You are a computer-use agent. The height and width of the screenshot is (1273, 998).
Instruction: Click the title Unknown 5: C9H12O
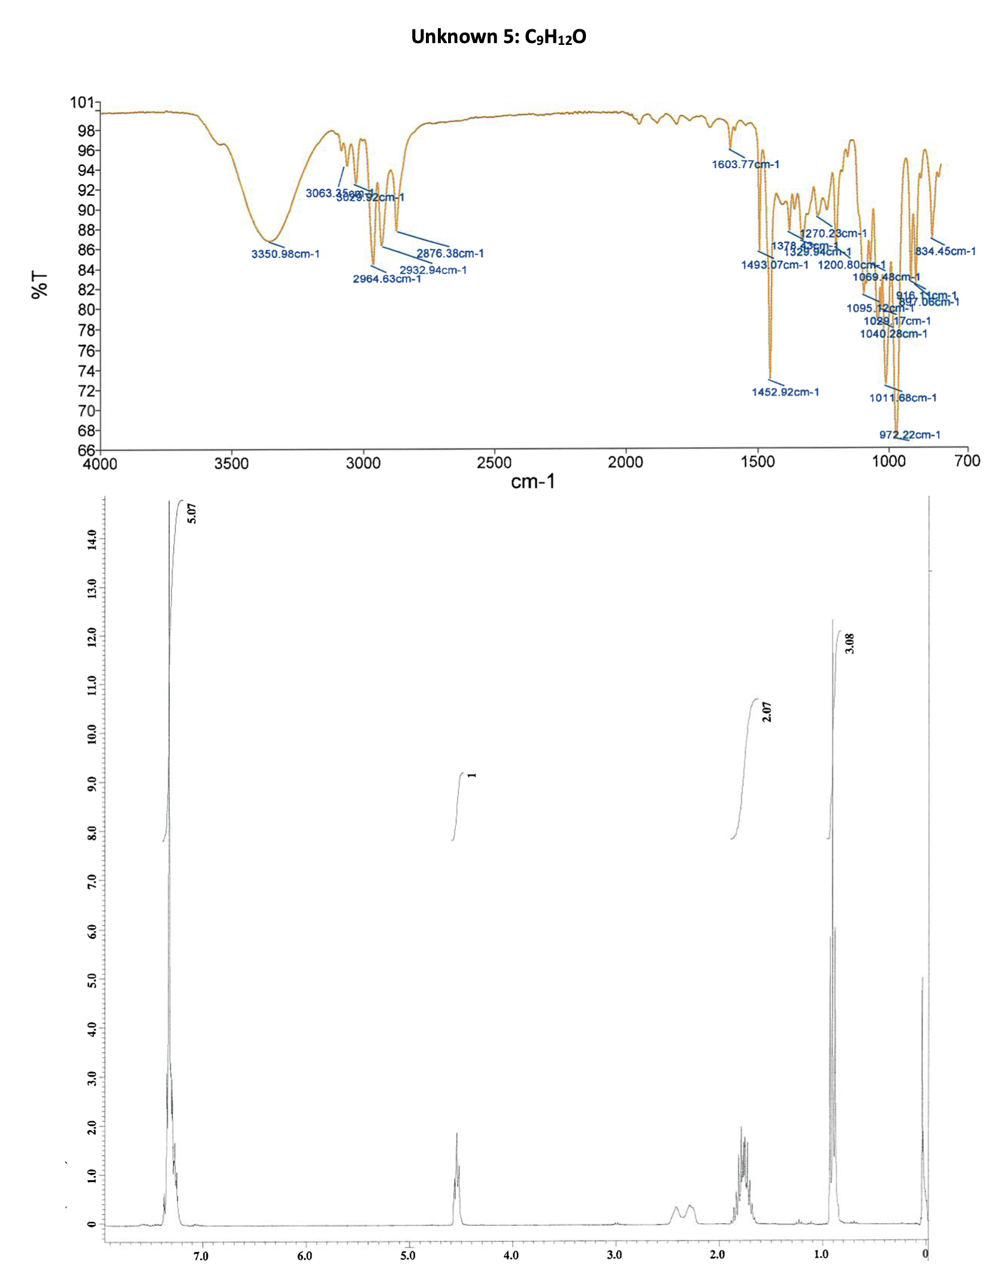(x=498, y=37)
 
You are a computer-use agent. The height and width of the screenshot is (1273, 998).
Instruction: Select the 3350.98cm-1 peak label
(x=285, y=254)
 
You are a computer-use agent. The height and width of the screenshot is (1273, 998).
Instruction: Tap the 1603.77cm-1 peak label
(x=745, y=164)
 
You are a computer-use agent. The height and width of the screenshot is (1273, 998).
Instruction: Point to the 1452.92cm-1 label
(x=785, y=392)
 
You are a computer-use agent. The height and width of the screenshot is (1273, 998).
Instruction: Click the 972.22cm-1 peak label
(x=909, y=435)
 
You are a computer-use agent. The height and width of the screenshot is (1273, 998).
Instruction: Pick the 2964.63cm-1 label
(x=386, y=279)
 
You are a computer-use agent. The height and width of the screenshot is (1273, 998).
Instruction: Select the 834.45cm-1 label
(x=945, y=251)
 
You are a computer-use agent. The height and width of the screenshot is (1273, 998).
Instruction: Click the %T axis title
(x=40, y=284)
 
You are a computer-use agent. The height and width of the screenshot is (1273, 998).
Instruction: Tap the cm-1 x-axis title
(x=533, y=481)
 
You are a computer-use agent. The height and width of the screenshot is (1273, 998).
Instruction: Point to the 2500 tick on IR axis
(x=494, y=463)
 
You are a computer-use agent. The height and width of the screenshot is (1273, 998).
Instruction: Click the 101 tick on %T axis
(x=82, y=102)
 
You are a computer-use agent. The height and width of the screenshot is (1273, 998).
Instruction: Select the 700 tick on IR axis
(x=967, y=461)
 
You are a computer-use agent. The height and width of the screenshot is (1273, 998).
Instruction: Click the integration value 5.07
(x=192, y=513)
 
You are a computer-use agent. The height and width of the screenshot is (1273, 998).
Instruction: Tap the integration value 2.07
(x=767, y=712)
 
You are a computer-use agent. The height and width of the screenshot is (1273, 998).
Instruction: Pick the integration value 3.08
(x=849, y=643)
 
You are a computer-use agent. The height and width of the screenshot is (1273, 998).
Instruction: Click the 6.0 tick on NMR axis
(x=305, y=1255)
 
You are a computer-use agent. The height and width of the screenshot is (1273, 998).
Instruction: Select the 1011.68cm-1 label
(x=903, y=398)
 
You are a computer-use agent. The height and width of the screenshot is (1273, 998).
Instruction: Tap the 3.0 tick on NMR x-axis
(x=615, y=1254)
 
